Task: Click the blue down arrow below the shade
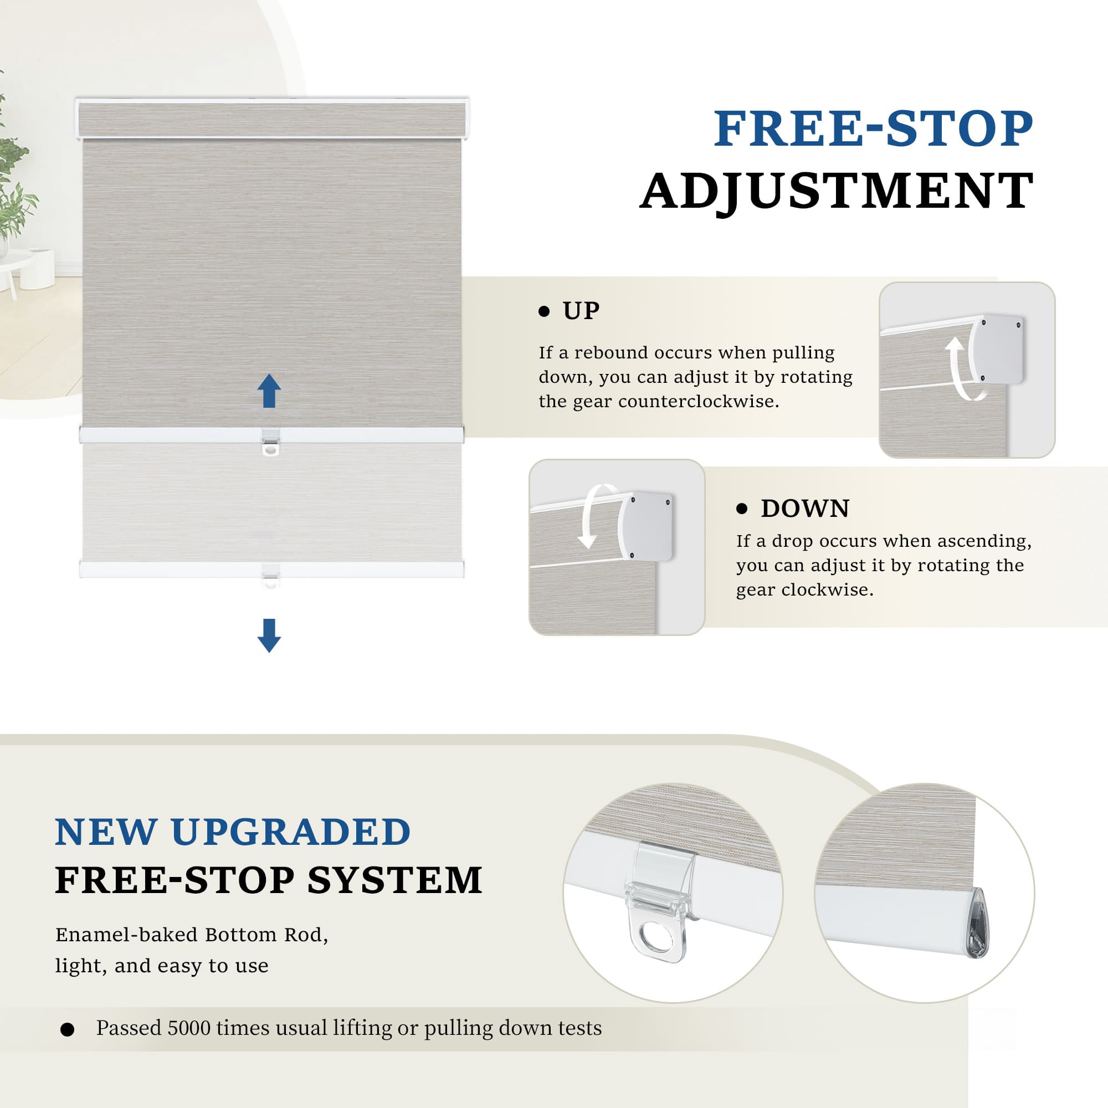[x=269, y=635]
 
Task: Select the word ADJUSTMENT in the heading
[x=837, y=191]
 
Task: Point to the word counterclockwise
[x=699, y=402]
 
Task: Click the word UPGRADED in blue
[x=291, y=832]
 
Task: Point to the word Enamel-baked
[x=126, y=935]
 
